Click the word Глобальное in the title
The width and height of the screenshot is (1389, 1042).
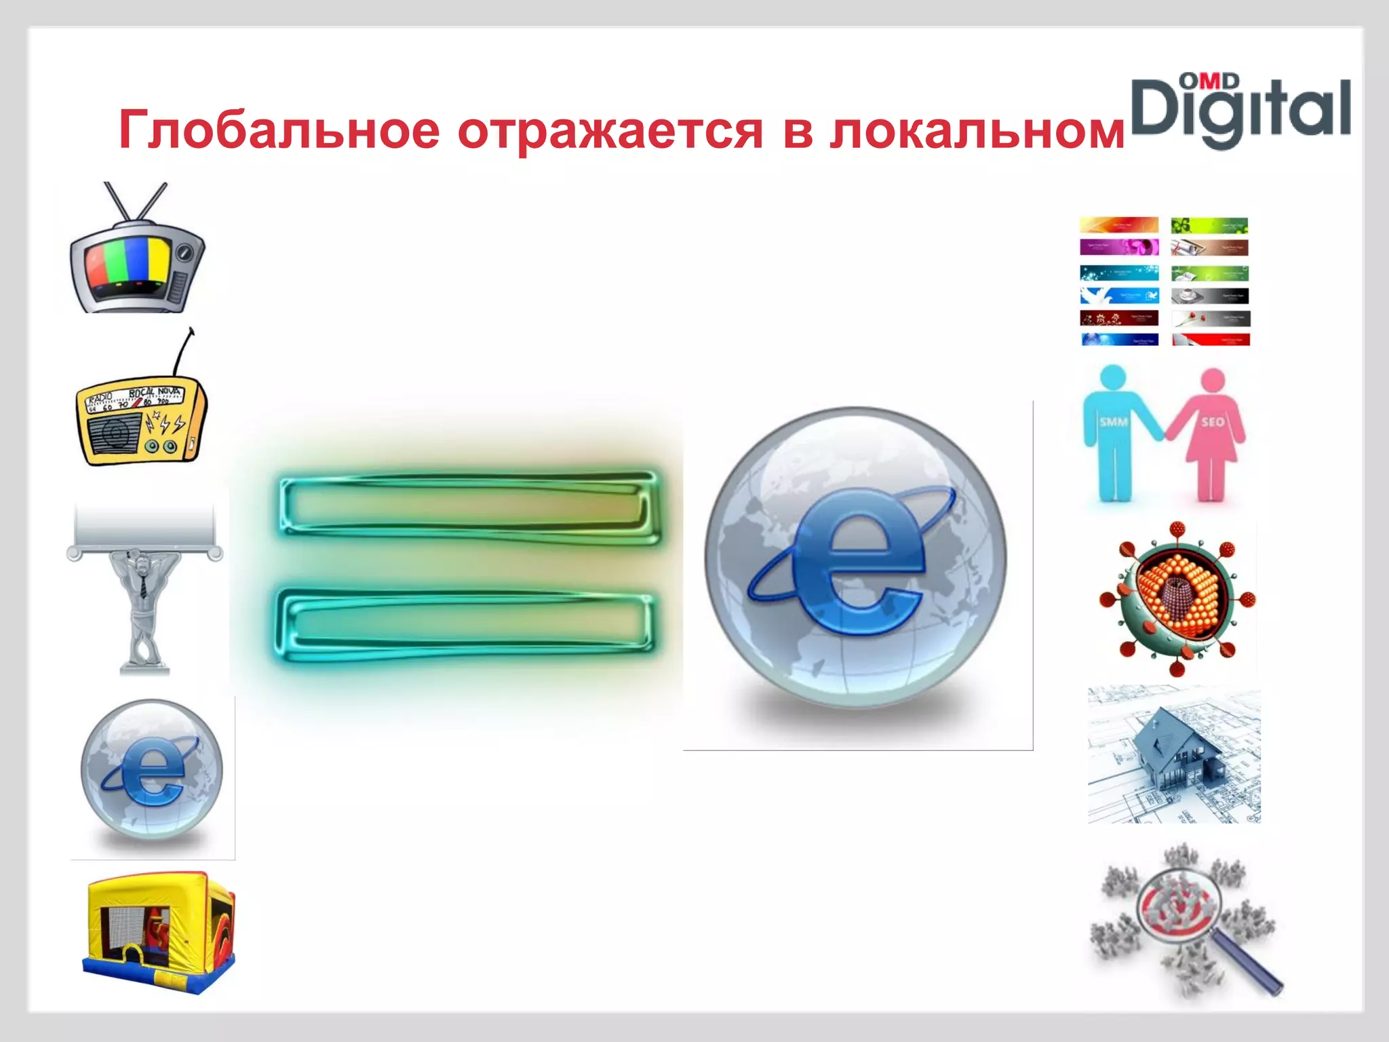(x=279, y=130)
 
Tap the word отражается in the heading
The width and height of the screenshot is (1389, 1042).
(x=610, y=131)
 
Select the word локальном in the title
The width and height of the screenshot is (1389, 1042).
(x=977, y=130)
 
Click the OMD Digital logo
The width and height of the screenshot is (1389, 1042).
(x=1240, y=111)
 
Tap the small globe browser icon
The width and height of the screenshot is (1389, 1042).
(x=151, y=770)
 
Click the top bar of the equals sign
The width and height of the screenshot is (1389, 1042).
(x=468, y=507)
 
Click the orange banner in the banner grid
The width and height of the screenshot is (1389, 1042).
(x=1119, y=225)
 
